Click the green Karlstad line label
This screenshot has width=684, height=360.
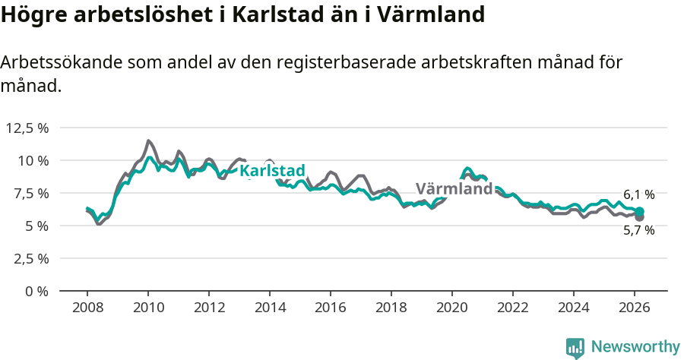coord(272,171)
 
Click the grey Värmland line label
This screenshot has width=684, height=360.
coord(454,189)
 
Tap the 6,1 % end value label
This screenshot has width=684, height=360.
coord(638,195)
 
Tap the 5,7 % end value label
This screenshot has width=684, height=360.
coord(638,231)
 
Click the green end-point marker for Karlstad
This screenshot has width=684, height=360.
coord(640,211)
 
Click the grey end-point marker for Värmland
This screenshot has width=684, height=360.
coord(640,217)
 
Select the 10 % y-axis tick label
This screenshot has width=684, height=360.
coord(33,160)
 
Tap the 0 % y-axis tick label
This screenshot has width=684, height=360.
coord(37,291)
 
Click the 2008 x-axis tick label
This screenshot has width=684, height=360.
coord(87,308)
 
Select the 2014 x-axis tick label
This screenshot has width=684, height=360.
coord(270,308)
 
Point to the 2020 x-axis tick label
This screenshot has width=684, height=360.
coord(452,308)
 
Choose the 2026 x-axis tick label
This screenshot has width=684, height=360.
coord(635,308)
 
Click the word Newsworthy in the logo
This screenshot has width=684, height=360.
coord(635,347)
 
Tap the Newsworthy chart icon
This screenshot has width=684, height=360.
coord(575,348)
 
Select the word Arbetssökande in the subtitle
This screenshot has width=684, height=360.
coord(58,63)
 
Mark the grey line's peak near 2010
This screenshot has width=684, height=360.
coord(148,141)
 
